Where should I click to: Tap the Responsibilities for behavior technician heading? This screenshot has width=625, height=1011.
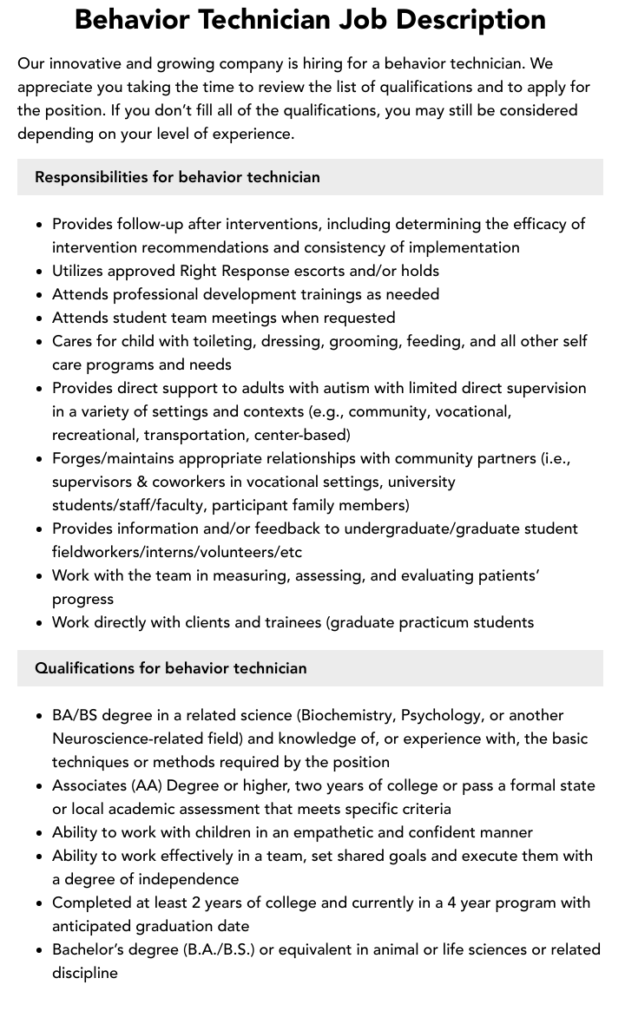coord(177,177)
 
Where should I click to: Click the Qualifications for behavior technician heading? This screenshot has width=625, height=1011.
coord(171,668)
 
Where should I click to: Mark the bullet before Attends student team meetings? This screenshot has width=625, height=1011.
coord(40,318)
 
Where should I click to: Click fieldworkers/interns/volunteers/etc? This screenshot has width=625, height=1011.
coord(177,552)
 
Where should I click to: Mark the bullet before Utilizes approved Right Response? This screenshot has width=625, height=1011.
coord(40,272)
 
